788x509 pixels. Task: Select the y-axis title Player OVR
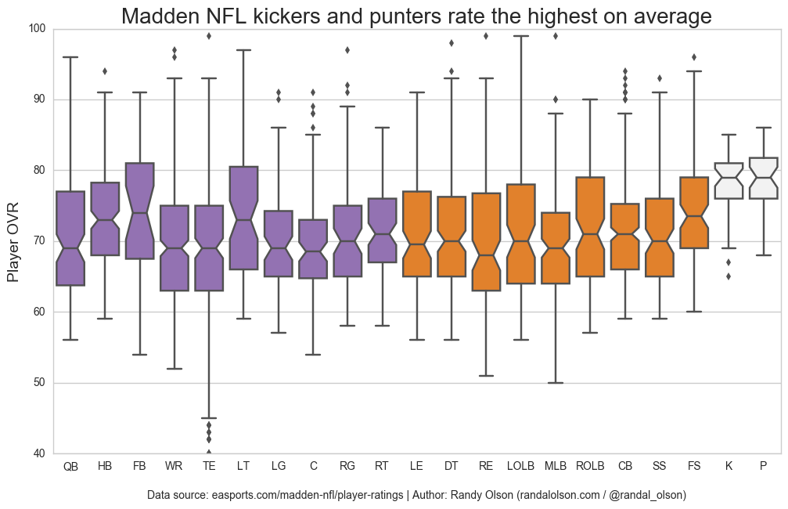13,241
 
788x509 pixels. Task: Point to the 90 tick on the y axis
38,99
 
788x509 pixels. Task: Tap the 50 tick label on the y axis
38,383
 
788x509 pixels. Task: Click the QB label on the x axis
70,467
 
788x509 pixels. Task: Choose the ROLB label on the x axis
590,467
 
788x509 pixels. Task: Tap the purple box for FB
139,211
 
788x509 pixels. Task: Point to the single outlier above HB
105,71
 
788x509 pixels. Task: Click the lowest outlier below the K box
729,276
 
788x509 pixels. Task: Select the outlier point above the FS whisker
694,57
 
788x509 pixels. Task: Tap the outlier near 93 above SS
660,78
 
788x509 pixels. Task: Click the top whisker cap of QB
70,57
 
